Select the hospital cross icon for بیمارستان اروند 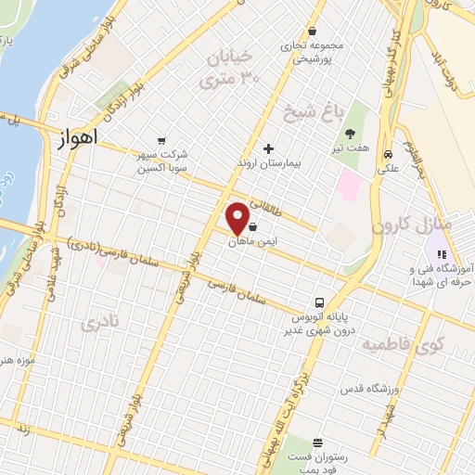[269, 148]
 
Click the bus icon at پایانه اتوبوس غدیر [319, 302]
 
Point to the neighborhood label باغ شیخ [313, 114]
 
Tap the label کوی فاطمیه [402, 345]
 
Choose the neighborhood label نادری [101, 324]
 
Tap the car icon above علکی [389, 154]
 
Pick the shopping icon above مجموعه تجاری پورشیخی [313, 30]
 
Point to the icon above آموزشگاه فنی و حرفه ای [443, 253]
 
